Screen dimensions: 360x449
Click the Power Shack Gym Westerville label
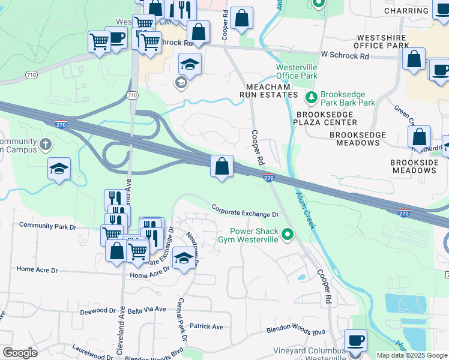(x=255, y=235)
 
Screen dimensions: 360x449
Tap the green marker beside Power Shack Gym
(x=288, y=235)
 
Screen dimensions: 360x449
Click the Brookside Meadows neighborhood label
(x=414, y=166)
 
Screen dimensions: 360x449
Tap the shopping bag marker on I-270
(x=221, y=166)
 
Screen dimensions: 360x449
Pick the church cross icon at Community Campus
(x=46, y=145)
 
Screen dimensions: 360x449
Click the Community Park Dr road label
(x=48, y=226)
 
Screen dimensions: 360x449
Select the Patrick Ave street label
(x=206, y=326)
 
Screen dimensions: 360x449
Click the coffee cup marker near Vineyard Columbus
(x=356, y=340)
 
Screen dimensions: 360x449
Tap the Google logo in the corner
(x=20, y=353)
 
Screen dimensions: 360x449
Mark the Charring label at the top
(x=406, y=11)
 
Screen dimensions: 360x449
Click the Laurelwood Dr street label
(x=93, y=347)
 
